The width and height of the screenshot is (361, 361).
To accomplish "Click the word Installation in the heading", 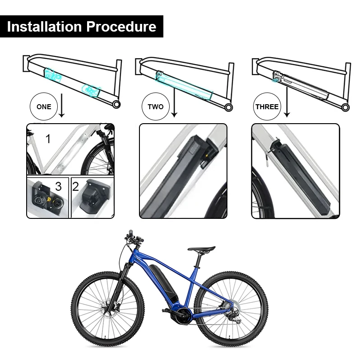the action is click(x=44, y=27).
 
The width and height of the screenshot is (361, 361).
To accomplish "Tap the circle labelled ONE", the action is click(x=44, y=106).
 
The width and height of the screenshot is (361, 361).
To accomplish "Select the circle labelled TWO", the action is click(x=156, y=106).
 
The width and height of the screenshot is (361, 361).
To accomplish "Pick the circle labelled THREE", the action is click(x=267, y=106).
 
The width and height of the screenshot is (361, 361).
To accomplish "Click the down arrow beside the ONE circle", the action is click(x=61, y=106).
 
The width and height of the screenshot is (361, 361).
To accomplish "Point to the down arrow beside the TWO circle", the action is click(x=174, y=102).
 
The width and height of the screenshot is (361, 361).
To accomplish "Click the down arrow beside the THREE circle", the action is click(x=287, y=101).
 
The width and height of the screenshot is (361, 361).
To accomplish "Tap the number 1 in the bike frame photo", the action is click(x=48, y=139).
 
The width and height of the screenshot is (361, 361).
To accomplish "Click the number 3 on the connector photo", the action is click(x=59, y=186).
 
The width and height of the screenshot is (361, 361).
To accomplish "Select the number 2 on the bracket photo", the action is click(x=76, y=186).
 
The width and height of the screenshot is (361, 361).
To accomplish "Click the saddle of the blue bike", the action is click(x=202, y=249).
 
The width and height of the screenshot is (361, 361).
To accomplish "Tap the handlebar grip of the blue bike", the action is click(x=131, y=233).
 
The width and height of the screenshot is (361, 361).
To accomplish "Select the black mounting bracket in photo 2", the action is click(x=95, y=195).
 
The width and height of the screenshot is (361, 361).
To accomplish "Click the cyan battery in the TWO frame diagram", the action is click(x=184, y=85).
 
